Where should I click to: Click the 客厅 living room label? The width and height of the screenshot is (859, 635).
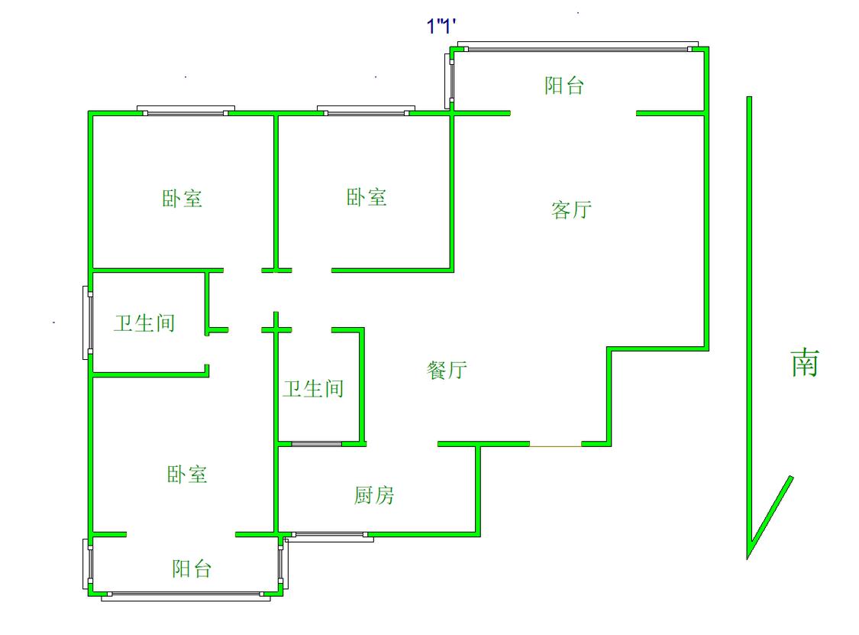[x=571, y=209]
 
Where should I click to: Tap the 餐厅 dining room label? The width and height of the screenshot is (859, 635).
[x=447, y=371]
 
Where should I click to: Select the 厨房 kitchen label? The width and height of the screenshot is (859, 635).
[x=374, y=496]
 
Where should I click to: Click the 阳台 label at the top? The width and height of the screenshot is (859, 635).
[x=564, y=86]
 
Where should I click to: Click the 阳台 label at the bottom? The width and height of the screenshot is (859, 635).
[x=191, y=569]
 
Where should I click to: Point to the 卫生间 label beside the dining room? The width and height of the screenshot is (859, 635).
[x=313, y=389]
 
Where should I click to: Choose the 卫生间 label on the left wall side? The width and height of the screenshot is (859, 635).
[x=144, y=323]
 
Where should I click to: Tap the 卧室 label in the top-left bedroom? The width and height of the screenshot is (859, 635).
[x=182, y=199]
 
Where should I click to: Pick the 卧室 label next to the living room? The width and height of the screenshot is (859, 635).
[x=367, y=198]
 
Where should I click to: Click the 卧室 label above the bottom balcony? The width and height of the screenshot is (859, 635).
[x=187, y=475]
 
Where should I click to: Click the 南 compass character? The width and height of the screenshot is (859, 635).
[x=804, y=363]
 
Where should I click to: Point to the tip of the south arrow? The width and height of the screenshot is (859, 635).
[x=748, y=556]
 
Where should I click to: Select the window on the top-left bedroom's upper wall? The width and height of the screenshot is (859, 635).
[x=186, y=112]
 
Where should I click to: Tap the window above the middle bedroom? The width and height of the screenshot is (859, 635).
[x=366, y=112]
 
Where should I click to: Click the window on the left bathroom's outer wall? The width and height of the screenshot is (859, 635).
[x=89, y=322]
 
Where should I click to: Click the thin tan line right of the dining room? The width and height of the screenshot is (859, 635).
[x=556, y=445]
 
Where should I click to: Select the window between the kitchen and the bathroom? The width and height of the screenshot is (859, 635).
[x=317, y=444]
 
